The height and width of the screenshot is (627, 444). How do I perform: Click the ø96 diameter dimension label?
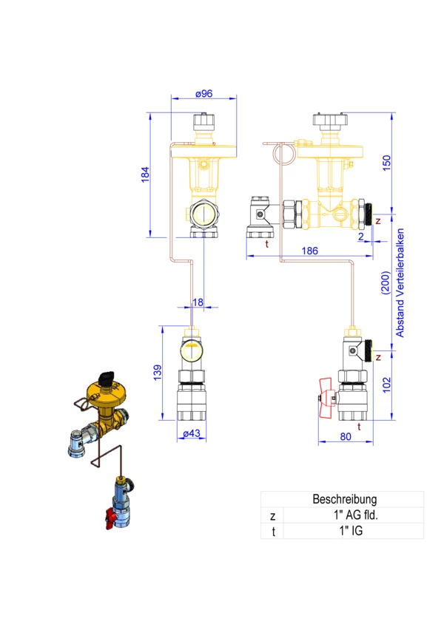point(203,94)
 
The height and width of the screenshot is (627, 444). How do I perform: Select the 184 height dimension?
point(145,174)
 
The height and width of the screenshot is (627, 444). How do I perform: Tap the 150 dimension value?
point(386,163)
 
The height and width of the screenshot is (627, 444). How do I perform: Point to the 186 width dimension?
point(309,251)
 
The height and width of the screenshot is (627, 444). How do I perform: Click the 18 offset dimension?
point(198,302)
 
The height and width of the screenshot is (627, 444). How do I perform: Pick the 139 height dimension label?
point(158,373)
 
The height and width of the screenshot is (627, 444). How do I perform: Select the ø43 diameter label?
point(192,433)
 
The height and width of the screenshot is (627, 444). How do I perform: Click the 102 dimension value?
point(386,384)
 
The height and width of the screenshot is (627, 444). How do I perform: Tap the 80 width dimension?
point(346,437)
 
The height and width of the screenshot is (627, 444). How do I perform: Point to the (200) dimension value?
point(385,283)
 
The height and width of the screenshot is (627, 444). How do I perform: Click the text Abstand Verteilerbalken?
point(400,282)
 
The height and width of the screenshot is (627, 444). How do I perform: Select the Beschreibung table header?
point(344,499)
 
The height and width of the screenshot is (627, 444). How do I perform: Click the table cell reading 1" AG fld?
point(355,515)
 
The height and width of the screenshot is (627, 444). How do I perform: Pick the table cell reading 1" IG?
point(351,531)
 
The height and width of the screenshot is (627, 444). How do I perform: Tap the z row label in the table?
point(272,516)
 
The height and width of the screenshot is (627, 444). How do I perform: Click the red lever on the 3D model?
point(111,519)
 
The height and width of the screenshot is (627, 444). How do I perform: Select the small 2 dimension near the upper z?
point(360,237)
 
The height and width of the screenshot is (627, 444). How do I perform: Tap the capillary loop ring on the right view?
point(284,153)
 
